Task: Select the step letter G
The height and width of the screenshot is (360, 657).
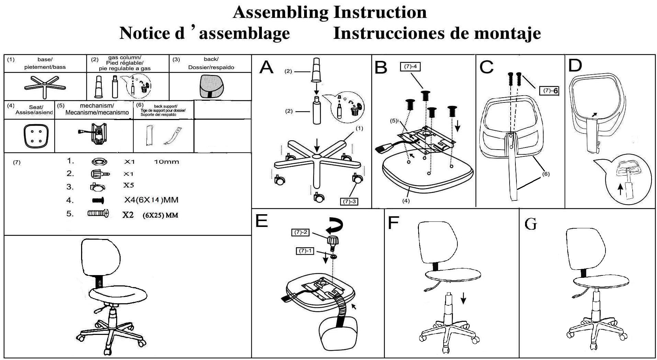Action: coord(531,225)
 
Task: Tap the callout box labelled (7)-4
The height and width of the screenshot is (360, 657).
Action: coord(410,66)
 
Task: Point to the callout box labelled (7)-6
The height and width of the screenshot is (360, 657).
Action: coord(549,91)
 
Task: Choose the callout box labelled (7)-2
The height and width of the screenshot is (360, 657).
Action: coord(300,232)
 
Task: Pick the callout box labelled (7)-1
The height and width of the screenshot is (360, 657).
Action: coord(305,251)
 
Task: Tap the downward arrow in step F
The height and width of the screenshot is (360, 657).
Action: coord(463,298)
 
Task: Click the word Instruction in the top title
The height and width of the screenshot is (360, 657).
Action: coord(380,12)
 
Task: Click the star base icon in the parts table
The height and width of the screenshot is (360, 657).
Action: coord(45,86)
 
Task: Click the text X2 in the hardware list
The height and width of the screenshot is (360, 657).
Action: coord(128,215)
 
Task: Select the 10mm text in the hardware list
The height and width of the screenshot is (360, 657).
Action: coord(166,162)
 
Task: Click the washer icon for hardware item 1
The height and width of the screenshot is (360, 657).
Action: coord(100,161)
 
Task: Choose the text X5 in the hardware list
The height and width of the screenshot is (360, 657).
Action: coord(128,185)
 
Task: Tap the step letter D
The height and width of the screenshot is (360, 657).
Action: coord(575,66)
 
